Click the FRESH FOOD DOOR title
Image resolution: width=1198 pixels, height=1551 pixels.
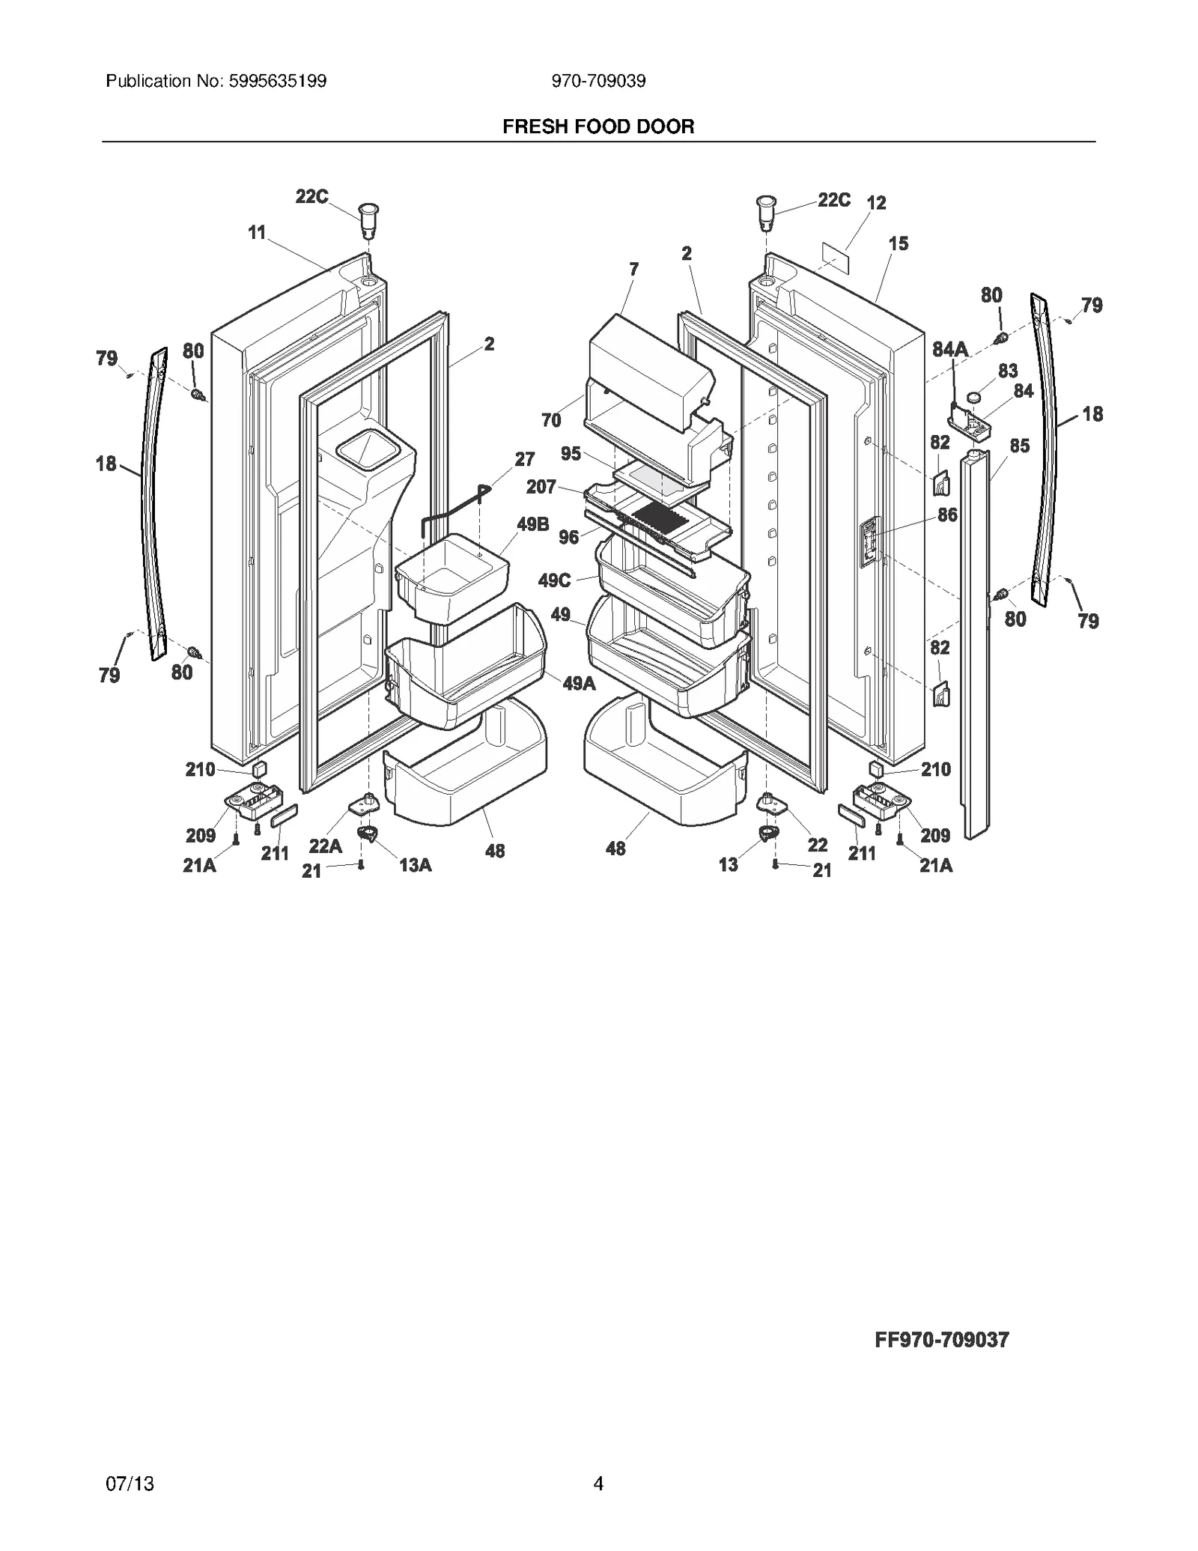(598, 127)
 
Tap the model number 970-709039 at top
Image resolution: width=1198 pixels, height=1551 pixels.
(598, 81)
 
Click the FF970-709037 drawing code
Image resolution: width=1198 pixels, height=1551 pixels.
(941, 1340)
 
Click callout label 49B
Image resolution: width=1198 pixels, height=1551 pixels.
(532, 524)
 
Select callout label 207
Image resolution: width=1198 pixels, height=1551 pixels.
(541, 487)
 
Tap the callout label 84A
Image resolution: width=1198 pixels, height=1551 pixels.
(949, 349)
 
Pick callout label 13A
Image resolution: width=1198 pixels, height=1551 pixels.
(415, 865)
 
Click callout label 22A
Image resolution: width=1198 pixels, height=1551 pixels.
(325, 846)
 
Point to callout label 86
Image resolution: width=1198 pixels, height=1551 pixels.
(947, 515)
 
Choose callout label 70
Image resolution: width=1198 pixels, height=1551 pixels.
(551, 421)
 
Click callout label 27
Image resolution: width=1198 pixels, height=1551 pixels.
(524, 458)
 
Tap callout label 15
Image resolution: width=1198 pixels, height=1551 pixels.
(898, 243)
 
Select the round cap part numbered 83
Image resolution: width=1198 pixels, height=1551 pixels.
(974, 397)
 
